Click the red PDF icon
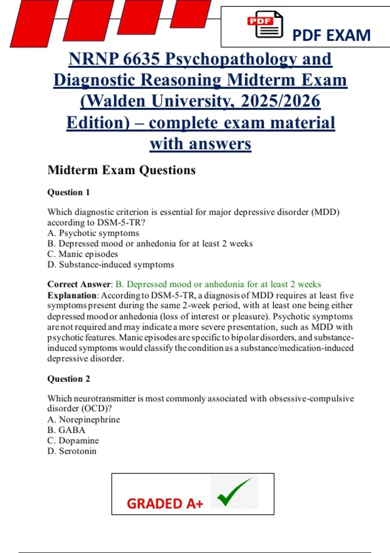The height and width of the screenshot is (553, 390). coord(265,24)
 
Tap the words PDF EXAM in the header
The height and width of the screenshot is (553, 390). coord(331,35)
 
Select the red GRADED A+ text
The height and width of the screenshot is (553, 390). coord(165,504)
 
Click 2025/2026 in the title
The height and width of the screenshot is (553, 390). coord(280,101)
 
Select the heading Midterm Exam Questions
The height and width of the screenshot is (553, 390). coord(122,170)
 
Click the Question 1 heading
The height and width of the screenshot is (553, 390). coord(68,192)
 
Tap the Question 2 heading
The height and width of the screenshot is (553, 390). coord(68,379)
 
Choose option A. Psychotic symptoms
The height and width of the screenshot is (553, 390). coord(93,233)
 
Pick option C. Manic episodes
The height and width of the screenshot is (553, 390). coord(83,254)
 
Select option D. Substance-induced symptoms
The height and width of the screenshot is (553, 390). coord(110,264)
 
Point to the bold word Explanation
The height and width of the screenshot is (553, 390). coord(72,295)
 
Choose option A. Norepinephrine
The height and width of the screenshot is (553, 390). coord(84,420)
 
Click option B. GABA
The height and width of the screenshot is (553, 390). coord(66,430)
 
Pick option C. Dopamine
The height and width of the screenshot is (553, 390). coord(73,440)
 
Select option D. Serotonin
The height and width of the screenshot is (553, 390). coord(72,451)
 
